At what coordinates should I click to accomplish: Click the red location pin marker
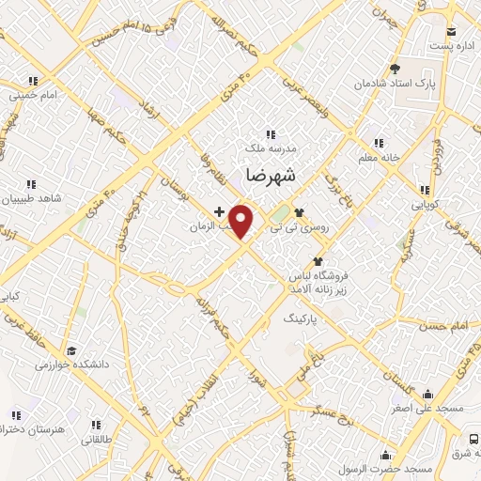(242, 221)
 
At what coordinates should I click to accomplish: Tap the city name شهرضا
(270, 175)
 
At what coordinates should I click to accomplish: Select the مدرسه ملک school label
(270, 147)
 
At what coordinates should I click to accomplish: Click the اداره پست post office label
(440, 44)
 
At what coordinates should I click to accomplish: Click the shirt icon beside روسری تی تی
(299, 212)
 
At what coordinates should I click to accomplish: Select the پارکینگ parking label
(302, 320)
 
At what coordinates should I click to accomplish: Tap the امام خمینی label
(38, 96)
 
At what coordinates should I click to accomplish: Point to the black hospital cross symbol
(219, 211)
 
